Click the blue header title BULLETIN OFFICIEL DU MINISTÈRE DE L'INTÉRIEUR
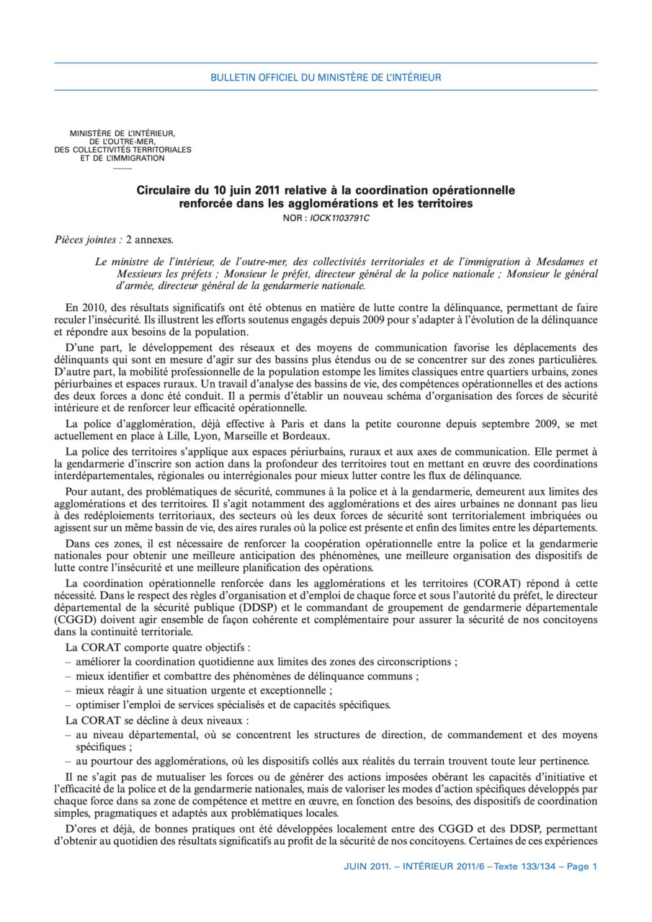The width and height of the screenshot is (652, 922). click(326, 77)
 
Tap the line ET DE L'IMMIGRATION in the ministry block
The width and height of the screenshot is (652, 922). click(122, 158)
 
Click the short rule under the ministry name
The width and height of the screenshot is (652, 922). click(122, 168)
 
